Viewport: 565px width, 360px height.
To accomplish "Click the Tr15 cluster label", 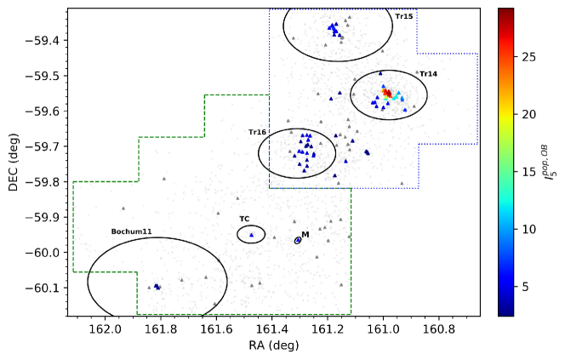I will point(404,16).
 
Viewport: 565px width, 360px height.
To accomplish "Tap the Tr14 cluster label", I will point(428,74).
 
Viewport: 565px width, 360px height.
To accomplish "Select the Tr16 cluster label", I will point(257,132).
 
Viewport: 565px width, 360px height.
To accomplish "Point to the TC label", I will point(244,219).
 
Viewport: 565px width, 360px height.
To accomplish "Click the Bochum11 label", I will point(131,231).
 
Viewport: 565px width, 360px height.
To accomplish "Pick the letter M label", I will point(305,235).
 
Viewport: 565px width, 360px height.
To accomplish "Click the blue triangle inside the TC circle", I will point(251,234).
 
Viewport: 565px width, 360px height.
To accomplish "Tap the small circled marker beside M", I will point(298,241).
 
